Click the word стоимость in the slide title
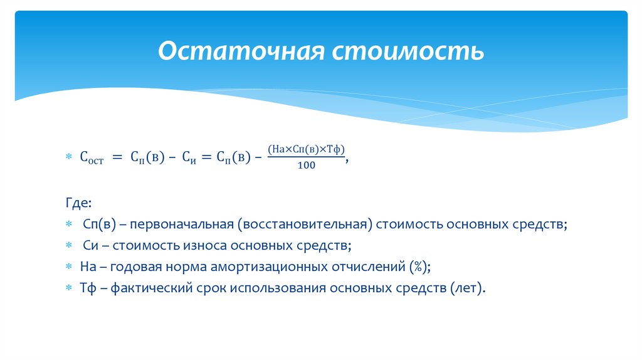[x=408, y=51]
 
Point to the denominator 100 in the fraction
[x=307, y=166]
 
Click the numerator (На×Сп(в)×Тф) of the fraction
[x=306, y=149]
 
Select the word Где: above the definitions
[x=78, y=203]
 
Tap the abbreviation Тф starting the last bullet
[x=87, y=288]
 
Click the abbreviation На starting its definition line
[x=88, y=267]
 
